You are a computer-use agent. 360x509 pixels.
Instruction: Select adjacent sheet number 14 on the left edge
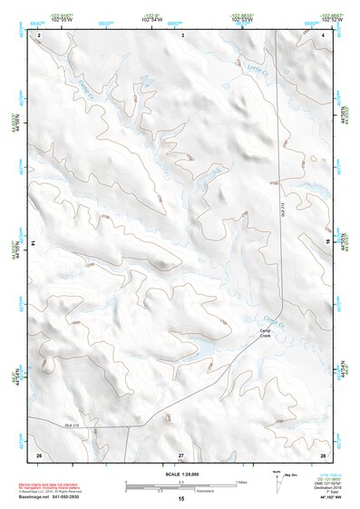[34, 243]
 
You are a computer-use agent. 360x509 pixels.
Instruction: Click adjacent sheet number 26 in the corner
[39, 453]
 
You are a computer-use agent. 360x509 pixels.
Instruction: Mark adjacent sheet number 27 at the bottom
[181, 453]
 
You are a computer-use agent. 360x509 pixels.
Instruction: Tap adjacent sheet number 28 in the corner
[323, 453]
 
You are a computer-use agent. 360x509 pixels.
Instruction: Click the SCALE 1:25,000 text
[180, 473]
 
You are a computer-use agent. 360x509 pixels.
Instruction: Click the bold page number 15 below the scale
[181, 499]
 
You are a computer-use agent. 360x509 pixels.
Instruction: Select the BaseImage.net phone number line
[56, 498]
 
